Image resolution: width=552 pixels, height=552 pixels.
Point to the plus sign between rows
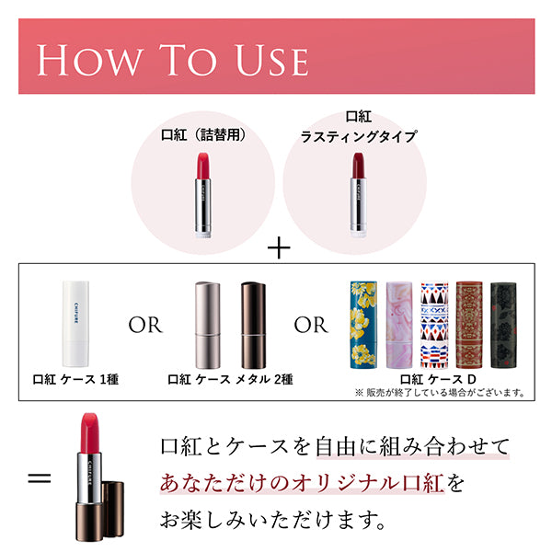pos(277,248)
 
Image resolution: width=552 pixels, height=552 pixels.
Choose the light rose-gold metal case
pos(208,322)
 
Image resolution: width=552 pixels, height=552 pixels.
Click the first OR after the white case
pos(144,325)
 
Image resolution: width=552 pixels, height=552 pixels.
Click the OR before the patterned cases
pos(310,325)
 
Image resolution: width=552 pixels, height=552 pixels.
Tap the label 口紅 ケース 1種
pos(76,378)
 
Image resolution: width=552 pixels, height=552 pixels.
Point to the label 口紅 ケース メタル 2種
pos(227,378)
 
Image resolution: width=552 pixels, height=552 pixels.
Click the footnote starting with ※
pos(439,392)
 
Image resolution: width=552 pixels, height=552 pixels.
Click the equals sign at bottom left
pos(39,479)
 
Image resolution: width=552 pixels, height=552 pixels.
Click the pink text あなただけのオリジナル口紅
pos(304,483)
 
